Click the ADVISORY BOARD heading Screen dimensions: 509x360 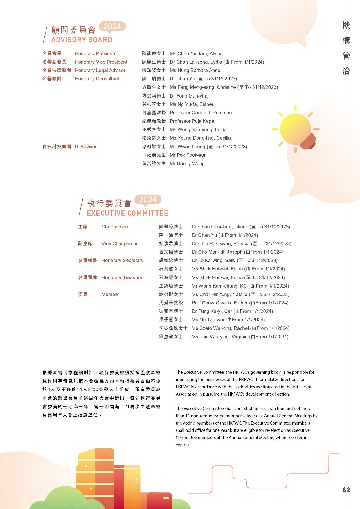[82, 40]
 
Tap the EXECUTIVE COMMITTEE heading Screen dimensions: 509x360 [127, 213]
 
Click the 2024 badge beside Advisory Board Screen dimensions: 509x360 [112, 26]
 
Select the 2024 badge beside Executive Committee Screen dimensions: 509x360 [148, 200]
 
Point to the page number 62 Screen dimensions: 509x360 [346, 490]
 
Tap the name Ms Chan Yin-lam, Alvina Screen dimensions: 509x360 [196, 53]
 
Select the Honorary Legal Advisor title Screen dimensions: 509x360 [100, 70]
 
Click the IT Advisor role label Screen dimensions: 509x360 [86, 147]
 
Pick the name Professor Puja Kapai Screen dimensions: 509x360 [192, 121]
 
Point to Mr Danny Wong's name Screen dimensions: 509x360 [187, 163]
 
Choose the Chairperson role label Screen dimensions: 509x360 [115, 227]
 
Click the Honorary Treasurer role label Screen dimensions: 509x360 [123, 277]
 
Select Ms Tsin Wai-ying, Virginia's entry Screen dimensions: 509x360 [240, 337]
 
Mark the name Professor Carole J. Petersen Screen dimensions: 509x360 [201, 113]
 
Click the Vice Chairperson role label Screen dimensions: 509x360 [120, 243]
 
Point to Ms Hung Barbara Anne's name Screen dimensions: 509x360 [195, 70]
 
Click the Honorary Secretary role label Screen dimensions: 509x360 [122, 260]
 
